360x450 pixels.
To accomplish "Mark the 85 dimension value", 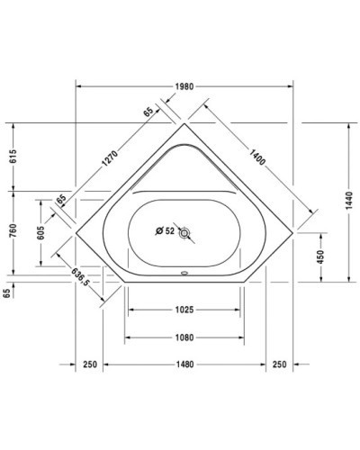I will (x=62, y=199).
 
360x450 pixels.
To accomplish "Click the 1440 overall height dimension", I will (x=350, y=203).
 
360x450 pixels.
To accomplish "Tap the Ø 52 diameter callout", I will (x=164, y=231).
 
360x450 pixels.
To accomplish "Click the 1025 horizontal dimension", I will (x=184, y=310).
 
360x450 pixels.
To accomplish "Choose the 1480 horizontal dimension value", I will (x=184, y=364).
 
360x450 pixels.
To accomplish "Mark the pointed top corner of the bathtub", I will (x=184, y=124).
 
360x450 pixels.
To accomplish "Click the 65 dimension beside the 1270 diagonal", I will (x=148, y=112).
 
